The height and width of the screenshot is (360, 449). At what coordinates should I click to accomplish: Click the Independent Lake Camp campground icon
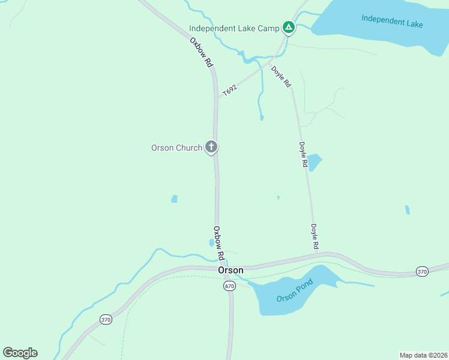pyautogui.click(x=289, y=28)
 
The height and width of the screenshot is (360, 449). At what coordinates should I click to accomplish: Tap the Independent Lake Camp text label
pyautogui.click(x=234, y=28)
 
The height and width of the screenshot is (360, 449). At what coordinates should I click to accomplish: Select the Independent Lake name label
pyautogui.click(x=392, y=21)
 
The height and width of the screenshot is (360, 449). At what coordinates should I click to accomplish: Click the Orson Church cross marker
pyautogui.click(x=211, y=146)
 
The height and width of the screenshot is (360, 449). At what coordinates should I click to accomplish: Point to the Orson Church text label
pyautogui.click(x=176, y=148)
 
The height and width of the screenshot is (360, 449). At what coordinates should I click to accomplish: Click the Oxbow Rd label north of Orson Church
pyautogui.click(x=202, y=52)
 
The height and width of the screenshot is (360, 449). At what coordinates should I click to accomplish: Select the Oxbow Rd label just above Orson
pyautogui.click(x=219, y=242)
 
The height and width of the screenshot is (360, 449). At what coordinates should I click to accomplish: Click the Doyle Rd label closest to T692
pyautogui.click(x=281, y=76)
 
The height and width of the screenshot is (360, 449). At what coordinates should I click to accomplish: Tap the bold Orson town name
pyautogui.click(x=231, y=271)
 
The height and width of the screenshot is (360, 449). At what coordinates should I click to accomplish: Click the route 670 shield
pyautogui.click(x=229, y=286)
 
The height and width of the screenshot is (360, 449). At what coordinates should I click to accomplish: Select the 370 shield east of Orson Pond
pyautogui.click(x=422, y=272)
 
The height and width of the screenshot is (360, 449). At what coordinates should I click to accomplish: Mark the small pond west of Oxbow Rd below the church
pyautogui.click(x=174, y=199)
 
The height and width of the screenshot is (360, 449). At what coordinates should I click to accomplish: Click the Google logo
pyautogui.click(x=20, y=352)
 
